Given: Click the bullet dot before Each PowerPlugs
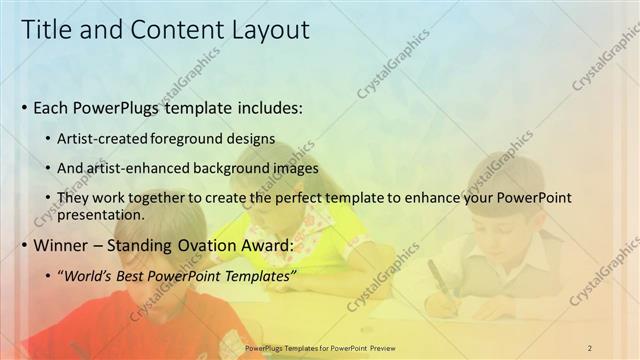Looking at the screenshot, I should point(24,108).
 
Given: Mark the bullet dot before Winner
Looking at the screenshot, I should point(24,246).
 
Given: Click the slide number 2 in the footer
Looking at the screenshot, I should point(590,347).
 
